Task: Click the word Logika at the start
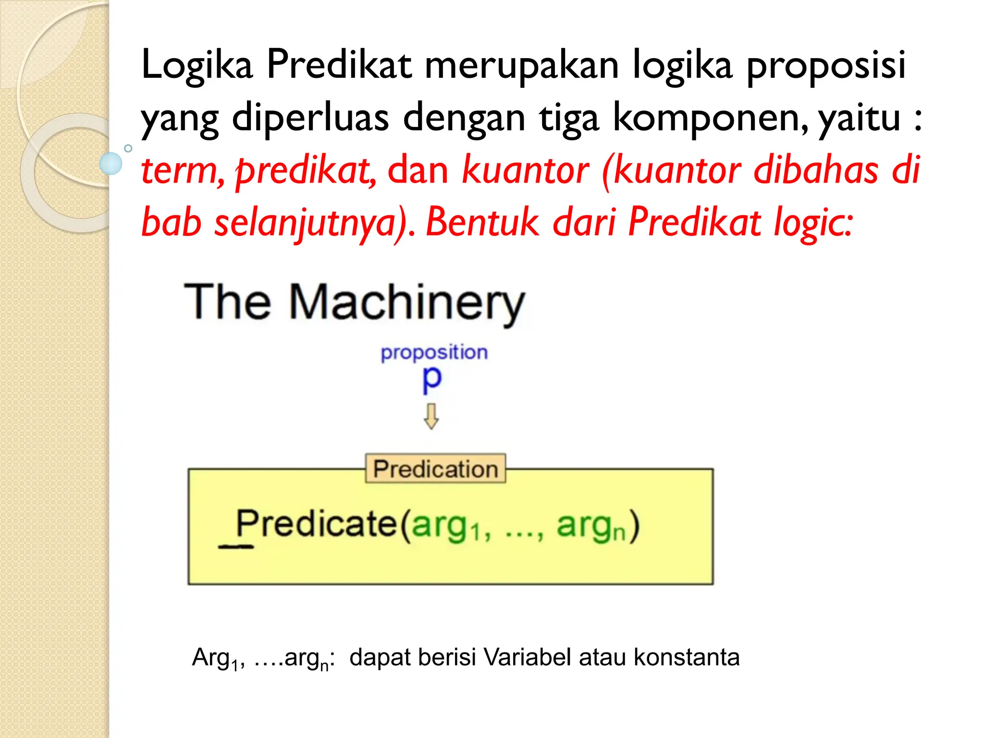click(197, 65)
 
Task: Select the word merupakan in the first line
click(522, 65)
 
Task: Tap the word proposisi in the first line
click(826, 65)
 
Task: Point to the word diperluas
click(310, 118)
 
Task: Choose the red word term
click(181, 171)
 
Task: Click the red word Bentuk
click(483, 222)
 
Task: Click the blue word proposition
click(434, 353)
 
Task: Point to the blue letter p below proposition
click(431, 379)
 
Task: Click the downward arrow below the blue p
click(431, 416)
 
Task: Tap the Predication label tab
click(435, 468)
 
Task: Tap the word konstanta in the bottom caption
click(687, 657)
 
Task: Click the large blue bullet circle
click(111, 163)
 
